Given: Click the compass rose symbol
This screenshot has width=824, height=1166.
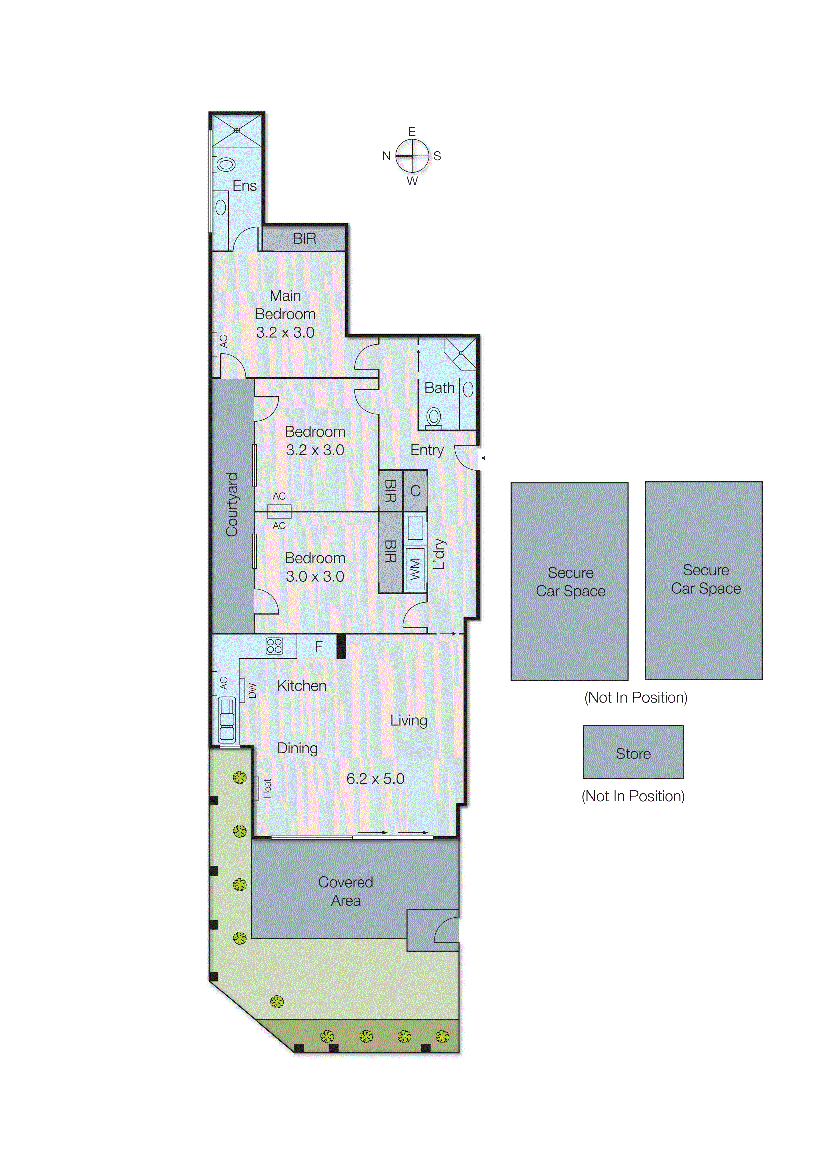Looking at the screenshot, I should (412, 156).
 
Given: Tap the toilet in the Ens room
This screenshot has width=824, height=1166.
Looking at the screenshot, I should (225, 164).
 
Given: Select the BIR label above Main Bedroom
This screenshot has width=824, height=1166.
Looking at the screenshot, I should (304, 238).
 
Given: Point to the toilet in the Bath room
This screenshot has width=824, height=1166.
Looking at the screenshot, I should (433, 416).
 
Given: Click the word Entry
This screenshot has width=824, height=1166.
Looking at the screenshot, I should (427, 450).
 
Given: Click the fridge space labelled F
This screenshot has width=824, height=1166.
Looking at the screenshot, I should (318, 646).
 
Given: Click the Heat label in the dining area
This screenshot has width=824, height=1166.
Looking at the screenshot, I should (267, 789).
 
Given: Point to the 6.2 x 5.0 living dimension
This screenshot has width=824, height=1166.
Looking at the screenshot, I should (375, 779).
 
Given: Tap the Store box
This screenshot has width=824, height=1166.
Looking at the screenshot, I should (633, 753).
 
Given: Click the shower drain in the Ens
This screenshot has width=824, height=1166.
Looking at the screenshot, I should (237, 131).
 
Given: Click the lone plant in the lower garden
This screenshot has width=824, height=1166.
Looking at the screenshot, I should (277, 1001).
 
